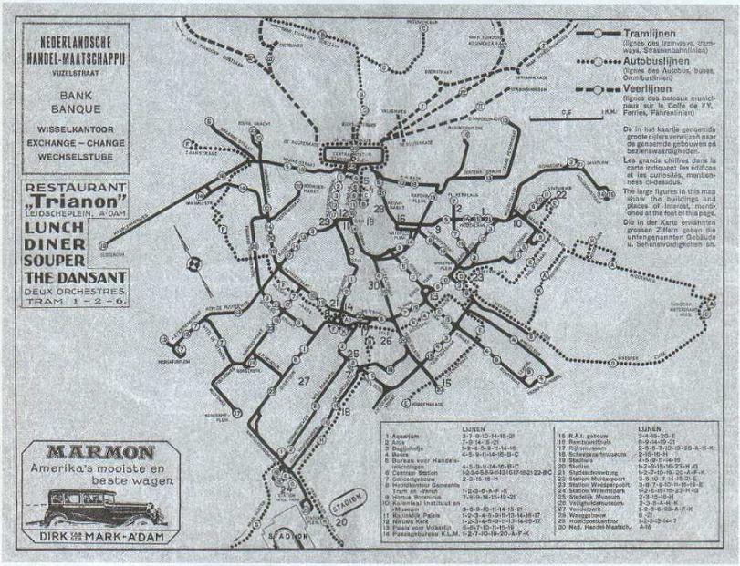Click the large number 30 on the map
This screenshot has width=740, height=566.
[x=373, y=284]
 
